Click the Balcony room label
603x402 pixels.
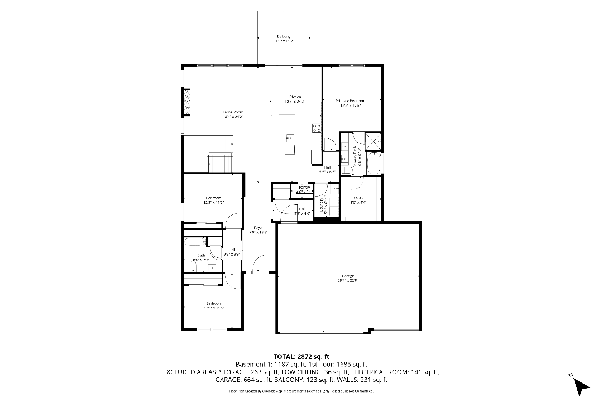[284, 37]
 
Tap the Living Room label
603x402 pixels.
[233, 112]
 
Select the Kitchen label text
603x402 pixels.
[294, 97]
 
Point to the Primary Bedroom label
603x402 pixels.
[350, 100]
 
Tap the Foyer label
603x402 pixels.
[258, 228]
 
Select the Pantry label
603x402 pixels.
[304, 187]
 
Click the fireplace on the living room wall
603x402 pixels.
[187, 102]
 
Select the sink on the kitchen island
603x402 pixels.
[289, 137]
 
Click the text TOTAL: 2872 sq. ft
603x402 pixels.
[301, 356]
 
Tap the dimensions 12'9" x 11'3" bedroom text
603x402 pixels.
[213, 203]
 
